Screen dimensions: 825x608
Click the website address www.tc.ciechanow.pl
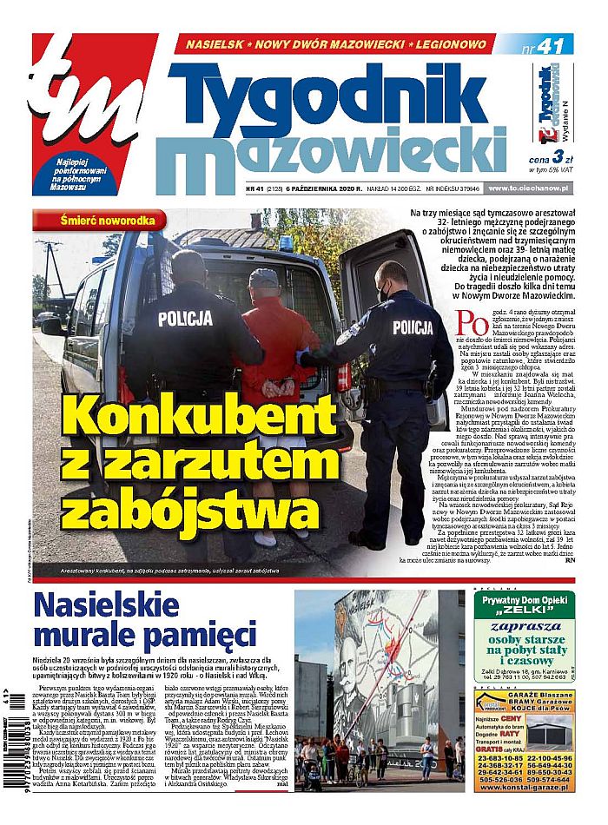534,188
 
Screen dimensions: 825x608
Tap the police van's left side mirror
54,326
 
